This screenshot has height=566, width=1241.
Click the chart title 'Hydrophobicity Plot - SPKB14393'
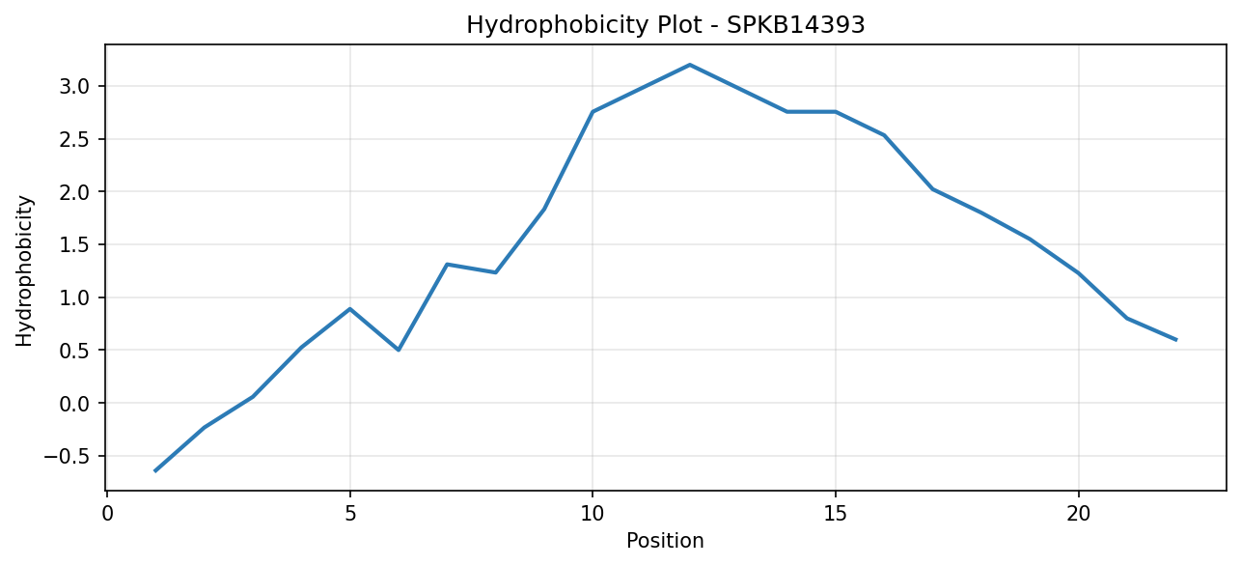tap(666, 25)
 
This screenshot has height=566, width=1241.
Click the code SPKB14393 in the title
tap(795, 25)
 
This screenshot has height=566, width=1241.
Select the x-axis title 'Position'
tap(665, 541)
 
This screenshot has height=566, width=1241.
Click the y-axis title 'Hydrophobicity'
tap(24, 271)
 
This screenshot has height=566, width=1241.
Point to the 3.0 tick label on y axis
tap(75, 87)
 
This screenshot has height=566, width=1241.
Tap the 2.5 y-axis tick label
tap(75, 139)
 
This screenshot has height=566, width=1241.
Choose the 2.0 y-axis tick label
tap(75, 192)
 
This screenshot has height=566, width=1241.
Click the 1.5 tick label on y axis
tap(75, 244)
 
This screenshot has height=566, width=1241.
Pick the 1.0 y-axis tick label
tap(75, 297)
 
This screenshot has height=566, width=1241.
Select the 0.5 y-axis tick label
tap(75, 351)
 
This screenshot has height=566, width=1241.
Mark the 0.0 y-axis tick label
tap(75, 404)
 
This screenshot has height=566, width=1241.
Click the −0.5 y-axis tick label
tap(67, 456)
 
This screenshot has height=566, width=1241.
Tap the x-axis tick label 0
tap(107, 514)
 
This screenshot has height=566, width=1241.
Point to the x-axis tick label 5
tap(350, 514)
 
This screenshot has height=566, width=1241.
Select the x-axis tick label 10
tap(593, 514)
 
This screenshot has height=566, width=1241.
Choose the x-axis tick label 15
tap(836, 514)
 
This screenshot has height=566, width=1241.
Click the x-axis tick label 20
tap(1079, 514)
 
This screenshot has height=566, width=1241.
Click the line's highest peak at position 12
tap(690, 65)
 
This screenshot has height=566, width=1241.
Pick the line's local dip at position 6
tap(399, 350)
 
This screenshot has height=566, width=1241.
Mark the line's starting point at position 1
tap(155, 470)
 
